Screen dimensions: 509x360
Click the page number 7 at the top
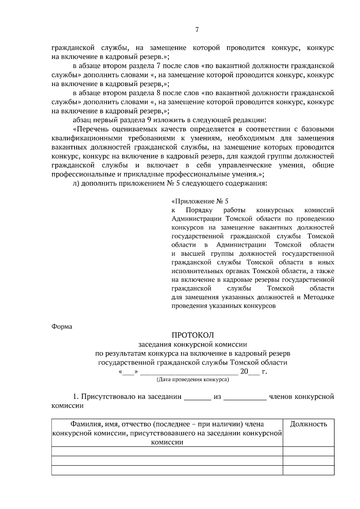pos(197,30)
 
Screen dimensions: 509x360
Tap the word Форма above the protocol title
pos(62,327)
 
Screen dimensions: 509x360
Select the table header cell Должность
pos(308,424)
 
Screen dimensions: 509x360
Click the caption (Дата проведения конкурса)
pos(193,380)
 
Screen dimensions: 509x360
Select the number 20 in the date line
pos(244,372)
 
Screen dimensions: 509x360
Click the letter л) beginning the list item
pos(76,183)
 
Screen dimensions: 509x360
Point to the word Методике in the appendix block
pos(319,297)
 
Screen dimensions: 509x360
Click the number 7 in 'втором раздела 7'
pos(158,66)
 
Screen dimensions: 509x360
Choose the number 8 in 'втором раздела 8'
pos(158,93)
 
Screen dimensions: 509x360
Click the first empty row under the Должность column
pos(308,451)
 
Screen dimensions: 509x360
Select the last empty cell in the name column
pos(167,470)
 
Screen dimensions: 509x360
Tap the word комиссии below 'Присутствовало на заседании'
pos(67,406)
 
